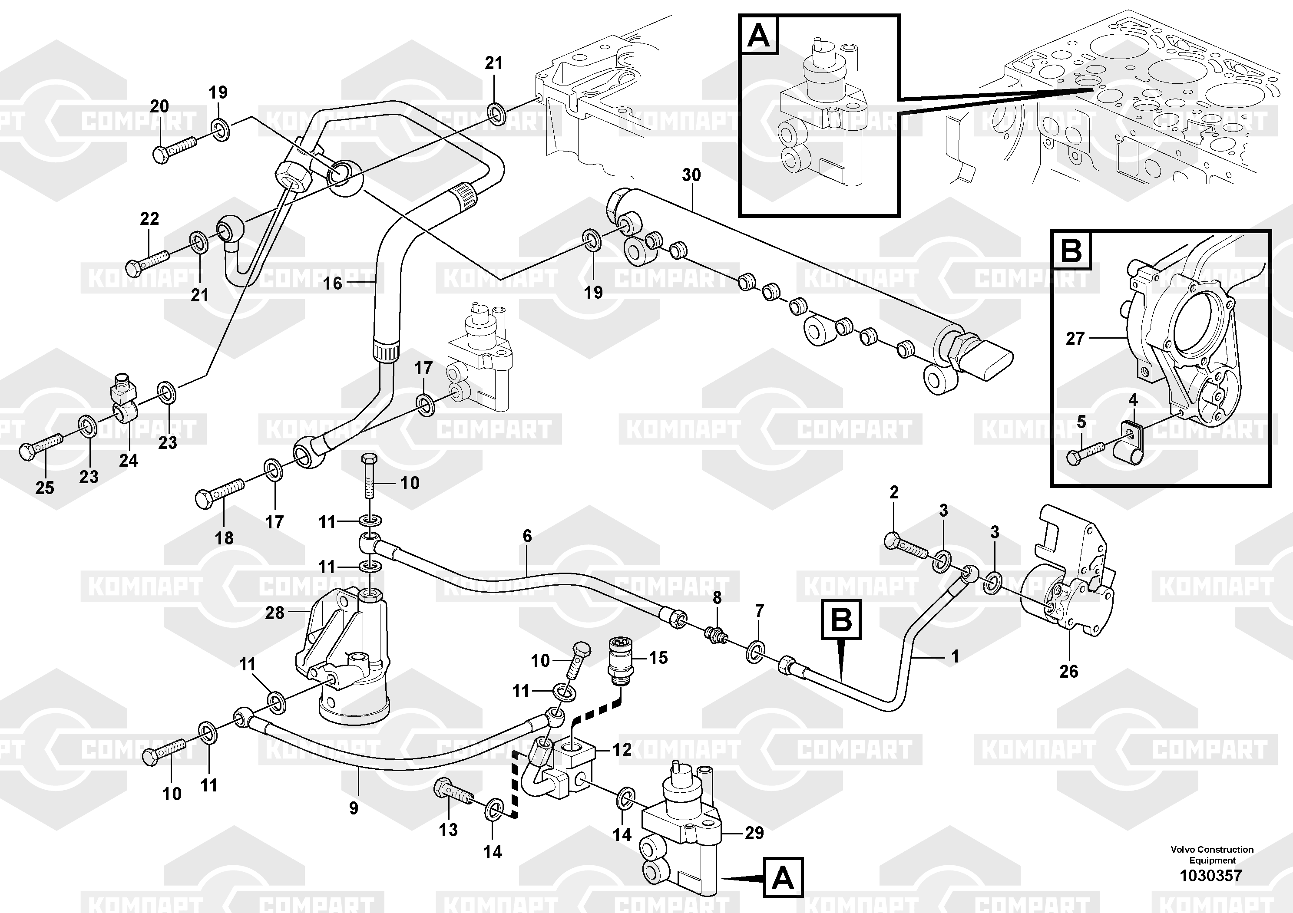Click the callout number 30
(x=691, y=175)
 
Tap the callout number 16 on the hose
(x=332, y=283)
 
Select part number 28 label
(x=274, y=613)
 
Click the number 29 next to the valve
(x=754, y=833)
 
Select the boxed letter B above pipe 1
(x=841, y=620)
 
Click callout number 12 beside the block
(x=622, y=750)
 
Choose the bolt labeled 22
(x=147, y=262)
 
